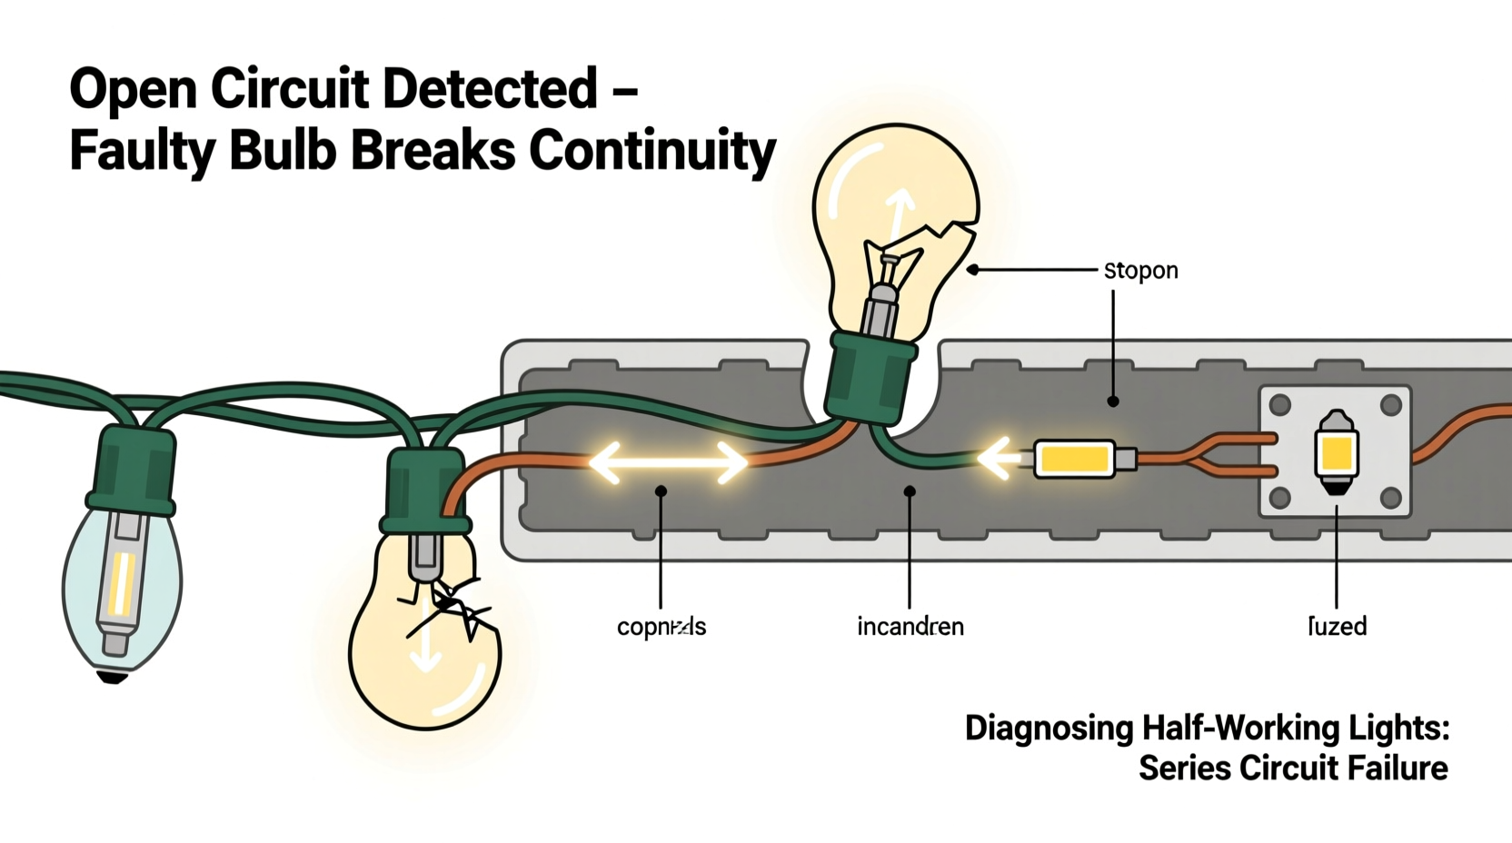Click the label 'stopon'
pyautogui.click(x=1140, y=271)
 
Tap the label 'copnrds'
pyautogui.click(x=661, y=627)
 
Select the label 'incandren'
pyautogui.click(x=910, y=627)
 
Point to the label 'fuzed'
pyautogui.click(x=1337, y=626)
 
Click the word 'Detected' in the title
pyautogui.click(x=490, y=89)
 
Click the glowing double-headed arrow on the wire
pyautogui.click(x=668, y=462)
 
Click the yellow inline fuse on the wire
pyautogui.click(x=1075, y=459)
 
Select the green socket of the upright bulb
pyautogui.click(x=870, y=378)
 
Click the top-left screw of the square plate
pyautogui.click(x=1279, y=404)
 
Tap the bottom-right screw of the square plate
pyautogui.click(x=1390, y=497)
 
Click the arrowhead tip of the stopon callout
pyautogui.click(x=971, y=270)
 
